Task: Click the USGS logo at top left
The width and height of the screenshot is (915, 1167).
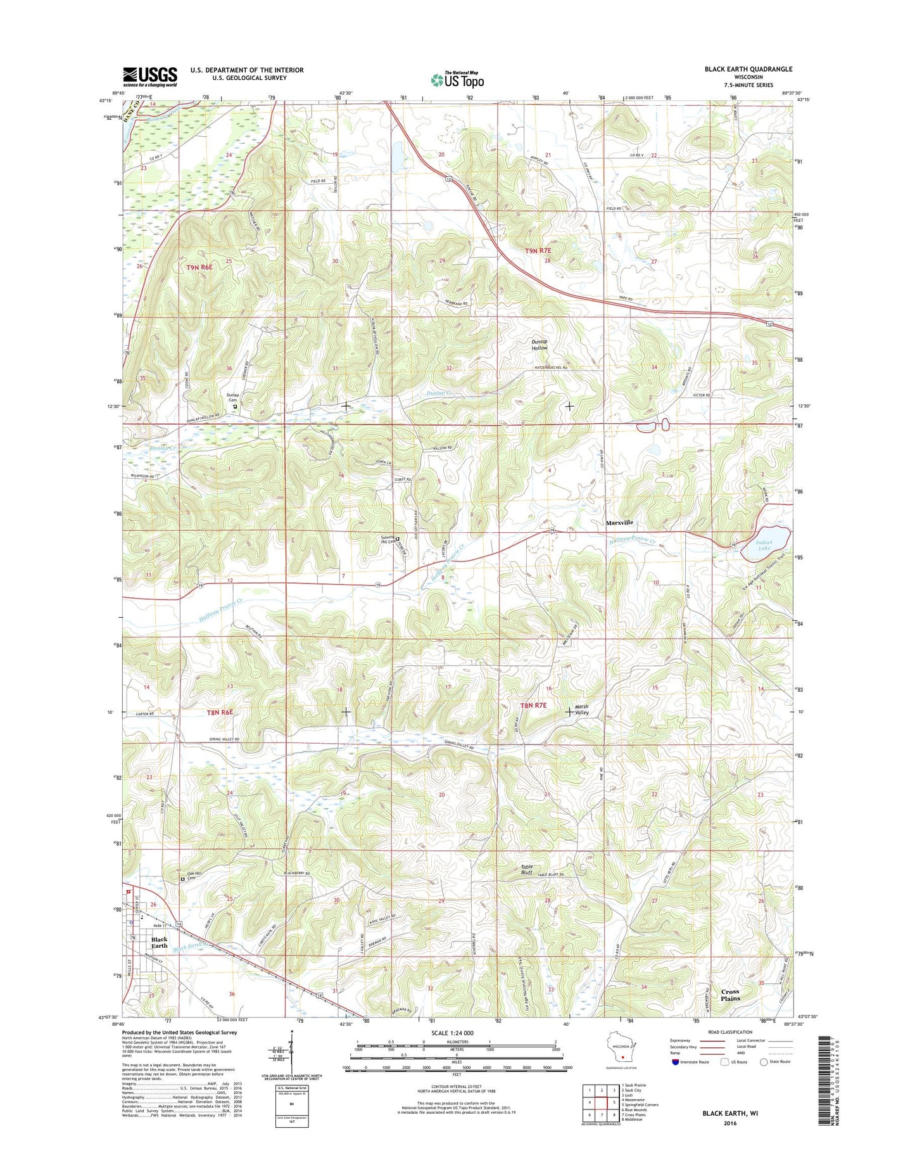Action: point(150,77)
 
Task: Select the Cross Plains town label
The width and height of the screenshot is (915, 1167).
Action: point(729,995)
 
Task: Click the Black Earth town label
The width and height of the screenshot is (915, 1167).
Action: point(160,943)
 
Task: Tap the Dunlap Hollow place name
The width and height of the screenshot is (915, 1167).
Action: point(540,345)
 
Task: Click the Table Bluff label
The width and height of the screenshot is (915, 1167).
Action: point(527,870)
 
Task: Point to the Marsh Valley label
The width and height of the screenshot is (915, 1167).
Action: point(581,710)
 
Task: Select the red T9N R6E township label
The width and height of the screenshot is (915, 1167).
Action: point(199,268)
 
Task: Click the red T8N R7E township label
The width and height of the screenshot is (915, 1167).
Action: point(533,705)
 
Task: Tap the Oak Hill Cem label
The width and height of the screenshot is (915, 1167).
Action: point(194,876)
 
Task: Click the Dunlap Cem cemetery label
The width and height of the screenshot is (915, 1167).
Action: point(233,397)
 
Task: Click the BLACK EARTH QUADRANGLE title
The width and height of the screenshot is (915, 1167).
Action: point(748,69)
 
